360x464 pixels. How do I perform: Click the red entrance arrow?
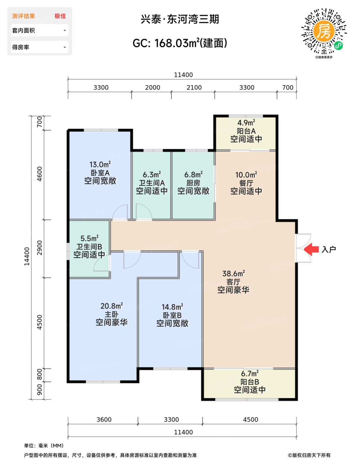click(x=311, y=249)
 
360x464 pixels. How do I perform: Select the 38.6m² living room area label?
click(x=234, y=273)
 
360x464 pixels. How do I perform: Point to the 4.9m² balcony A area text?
click(x=246, y=123)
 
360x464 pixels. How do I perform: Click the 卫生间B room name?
click(x=89, y=247)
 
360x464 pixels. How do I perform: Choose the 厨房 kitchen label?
click(x=193, y=183)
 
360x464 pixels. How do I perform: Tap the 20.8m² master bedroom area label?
click(x=111, y=306)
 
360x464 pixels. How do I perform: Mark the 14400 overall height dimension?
click(x=27, y=256)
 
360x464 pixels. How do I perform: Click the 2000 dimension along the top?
click(x=152, y=87)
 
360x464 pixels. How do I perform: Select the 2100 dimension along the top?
click(x=194, y=87)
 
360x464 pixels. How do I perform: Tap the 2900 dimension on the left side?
click(x=40, y=248)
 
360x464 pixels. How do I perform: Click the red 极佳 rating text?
click(x=60, y=16)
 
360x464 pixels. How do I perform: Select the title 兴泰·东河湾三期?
click(x=180, y=19)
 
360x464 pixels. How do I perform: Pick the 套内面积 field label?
click(x=23, y=30)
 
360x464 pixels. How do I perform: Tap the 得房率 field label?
click(x=21, y=47)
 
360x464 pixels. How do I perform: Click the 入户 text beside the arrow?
click(x=329, y=250)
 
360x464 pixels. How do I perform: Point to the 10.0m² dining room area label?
click(x=246, y=175)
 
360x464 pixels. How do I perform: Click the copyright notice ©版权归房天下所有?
click(x=309, y=455)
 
